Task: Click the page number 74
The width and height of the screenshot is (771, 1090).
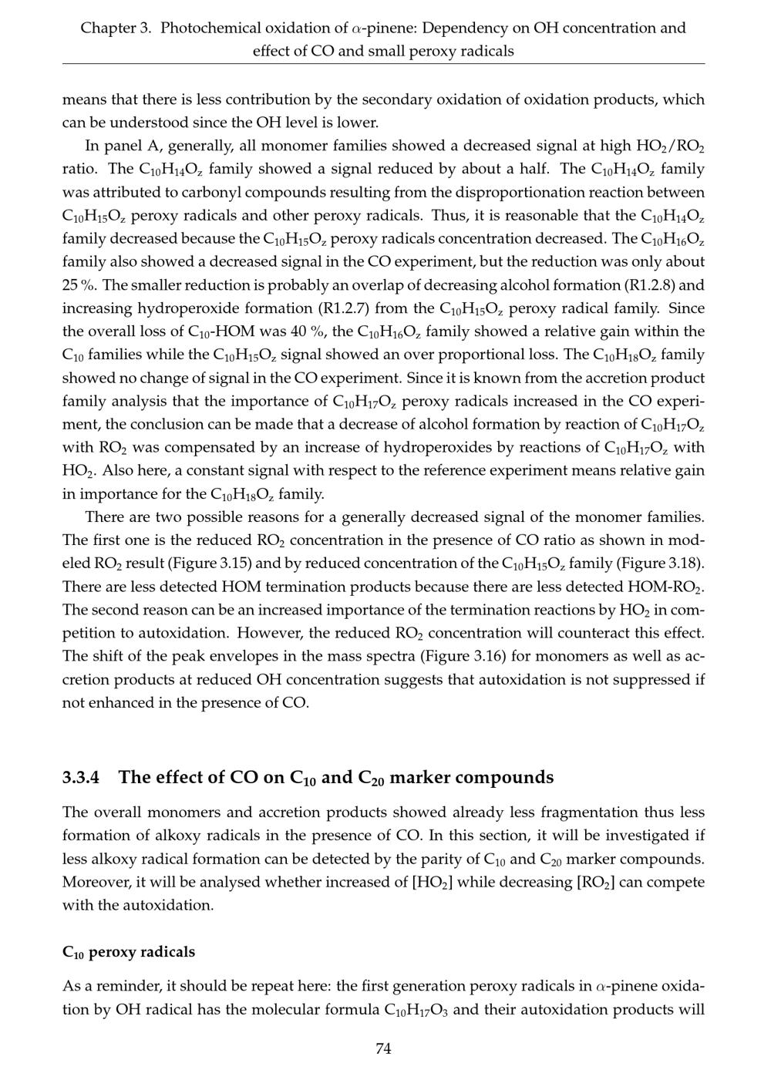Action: [383, 1048]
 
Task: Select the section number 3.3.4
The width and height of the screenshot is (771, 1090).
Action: [81, 777]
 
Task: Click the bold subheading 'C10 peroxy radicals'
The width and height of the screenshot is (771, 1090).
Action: [129, 952]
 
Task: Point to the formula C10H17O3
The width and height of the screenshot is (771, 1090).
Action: [416, 1011]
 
